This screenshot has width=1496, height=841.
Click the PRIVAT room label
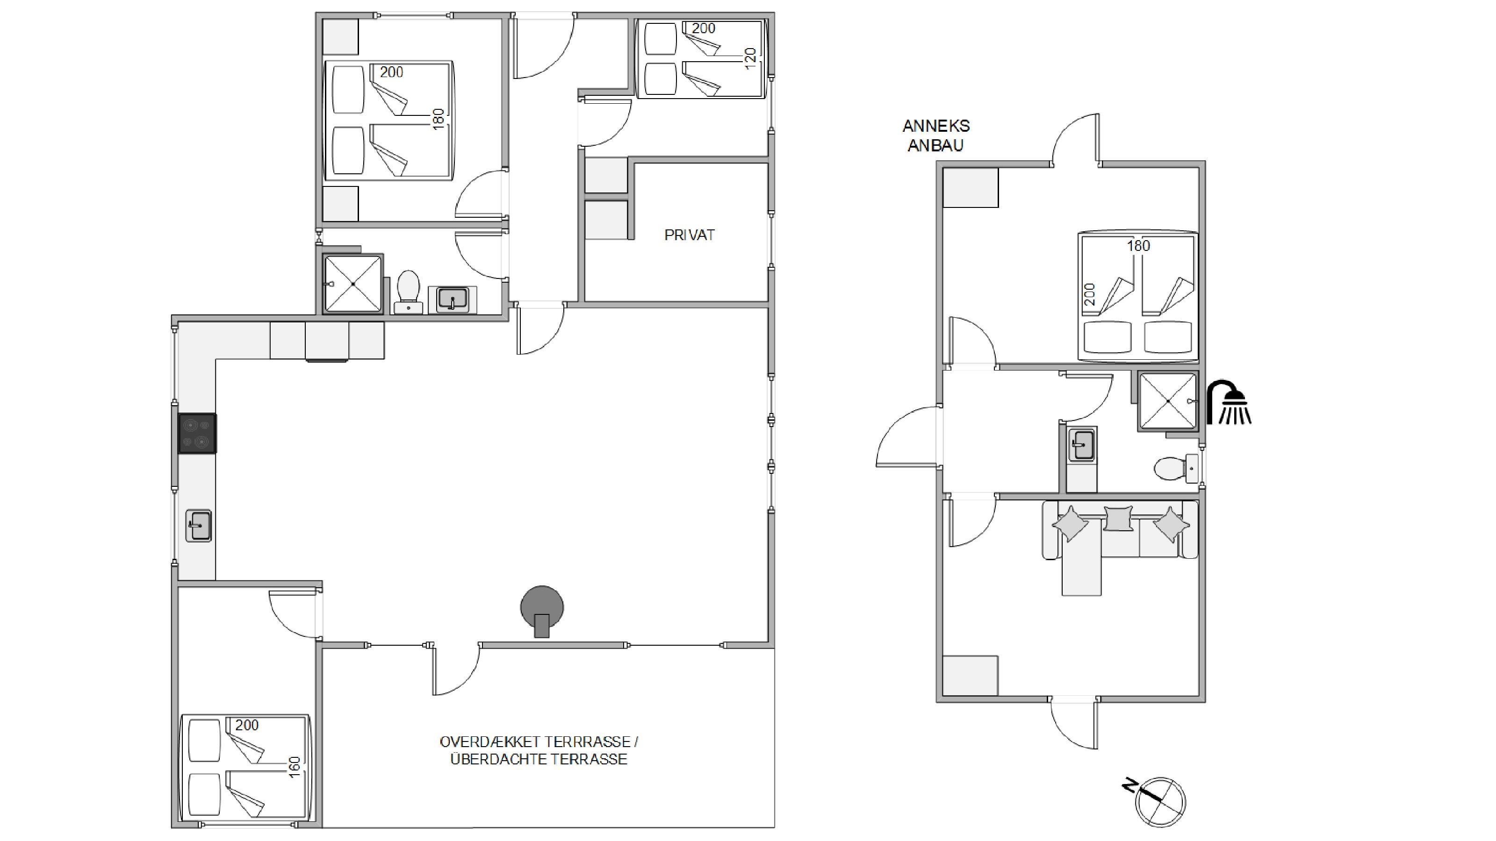[x=690, y=235]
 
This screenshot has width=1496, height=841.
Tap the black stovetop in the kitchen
[x=197, y=433]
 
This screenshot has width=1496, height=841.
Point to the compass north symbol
[x=1156, y=800]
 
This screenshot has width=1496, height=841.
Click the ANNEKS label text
[x=936, y=126]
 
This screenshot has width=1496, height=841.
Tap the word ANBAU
[x=935, y=145]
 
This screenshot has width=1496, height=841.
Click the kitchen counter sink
[x=198, y=525]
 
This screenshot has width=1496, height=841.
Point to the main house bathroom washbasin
[x=453, y=299]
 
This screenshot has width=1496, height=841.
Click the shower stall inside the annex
[x=1168, y=401]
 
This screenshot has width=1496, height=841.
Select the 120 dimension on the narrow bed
[x=750, y=58]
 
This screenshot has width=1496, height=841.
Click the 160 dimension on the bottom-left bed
[x=295, y=767]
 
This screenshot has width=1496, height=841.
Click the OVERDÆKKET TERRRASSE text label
[x=539, y=742]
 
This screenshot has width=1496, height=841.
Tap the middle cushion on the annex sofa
[x=1119, y=518]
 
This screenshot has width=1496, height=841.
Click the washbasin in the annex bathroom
[x=1081, y=445]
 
